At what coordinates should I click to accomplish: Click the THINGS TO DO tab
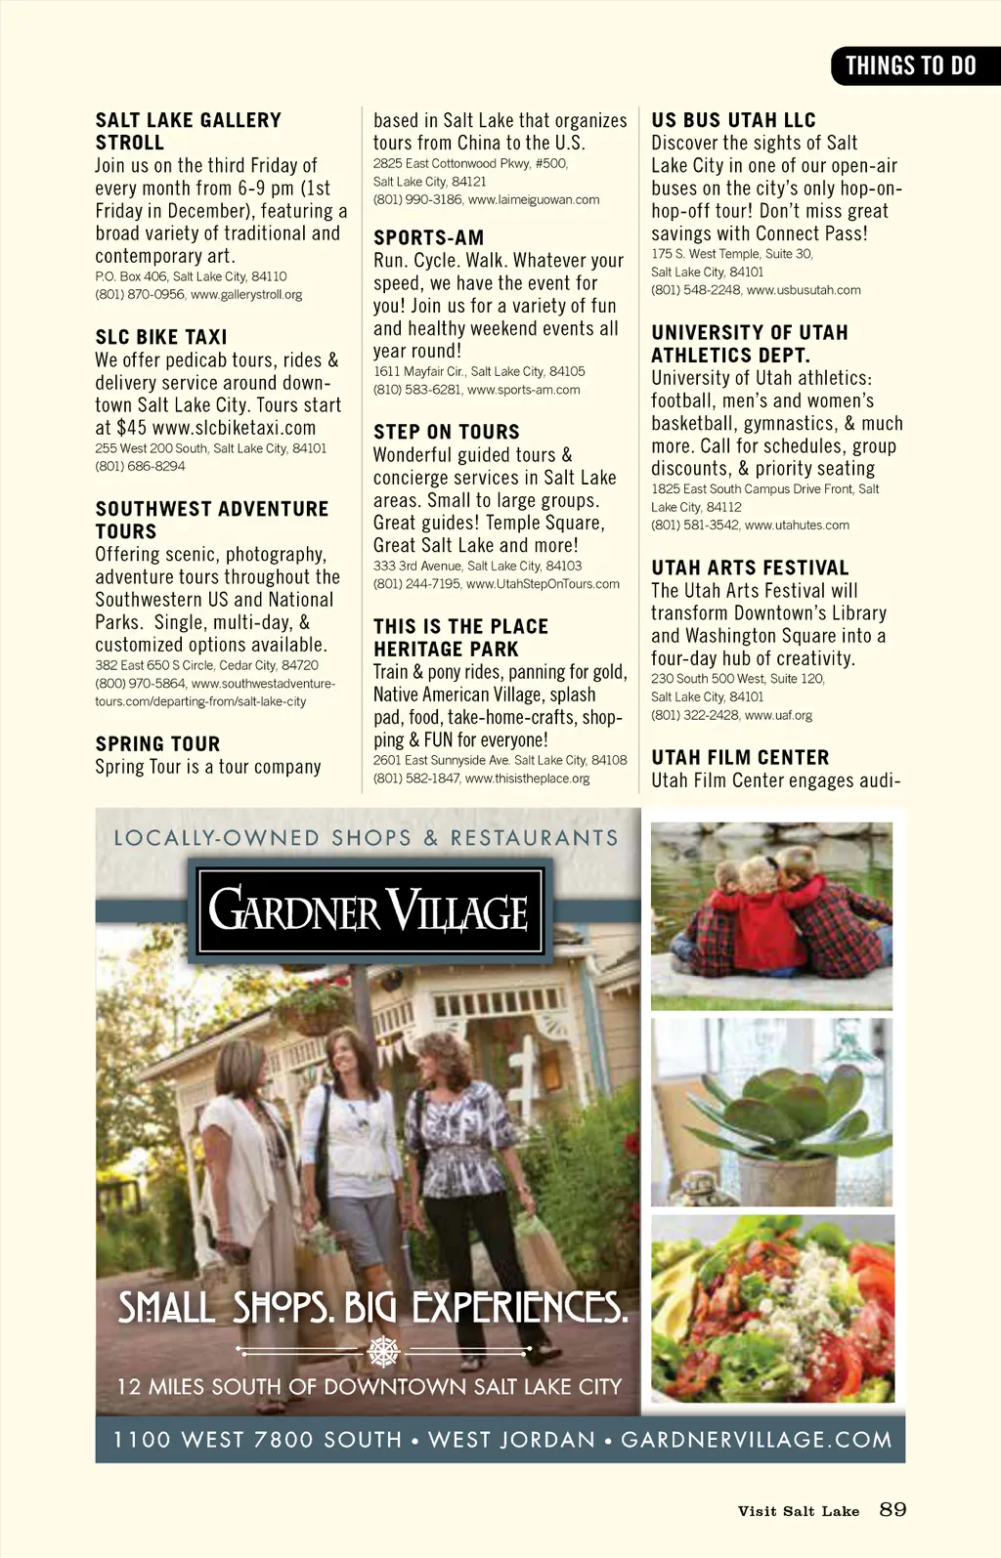[x=910, y=66]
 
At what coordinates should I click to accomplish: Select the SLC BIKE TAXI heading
[x=161, y=337]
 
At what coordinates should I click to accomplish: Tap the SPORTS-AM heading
[x=428, y=237]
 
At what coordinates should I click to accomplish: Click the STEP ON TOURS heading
[x=446, y=432]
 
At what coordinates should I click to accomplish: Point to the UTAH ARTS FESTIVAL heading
[x=750, y=568]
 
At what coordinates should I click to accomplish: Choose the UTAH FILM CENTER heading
[x=740, y=757]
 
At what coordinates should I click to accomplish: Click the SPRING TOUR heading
[x=157, y=743]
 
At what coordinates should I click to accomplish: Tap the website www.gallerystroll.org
[x=246, y=295]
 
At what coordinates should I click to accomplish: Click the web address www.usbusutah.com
[x=803, y=290]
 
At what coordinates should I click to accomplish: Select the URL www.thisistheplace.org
[x=527, y=779]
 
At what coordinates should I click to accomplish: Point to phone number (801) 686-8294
[x=140, y=466]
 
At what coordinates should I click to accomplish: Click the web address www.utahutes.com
[x=797, y=526]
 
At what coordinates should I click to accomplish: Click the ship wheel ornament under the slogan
[x=383, y=1352]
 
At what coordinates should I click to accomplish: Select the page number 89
[x=892, y=1509]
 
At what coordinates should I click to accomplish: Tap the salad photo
[x=772, y=1309]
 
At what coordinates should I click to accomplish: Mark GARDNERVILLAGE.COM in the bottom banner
[x=757, y=1440]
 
